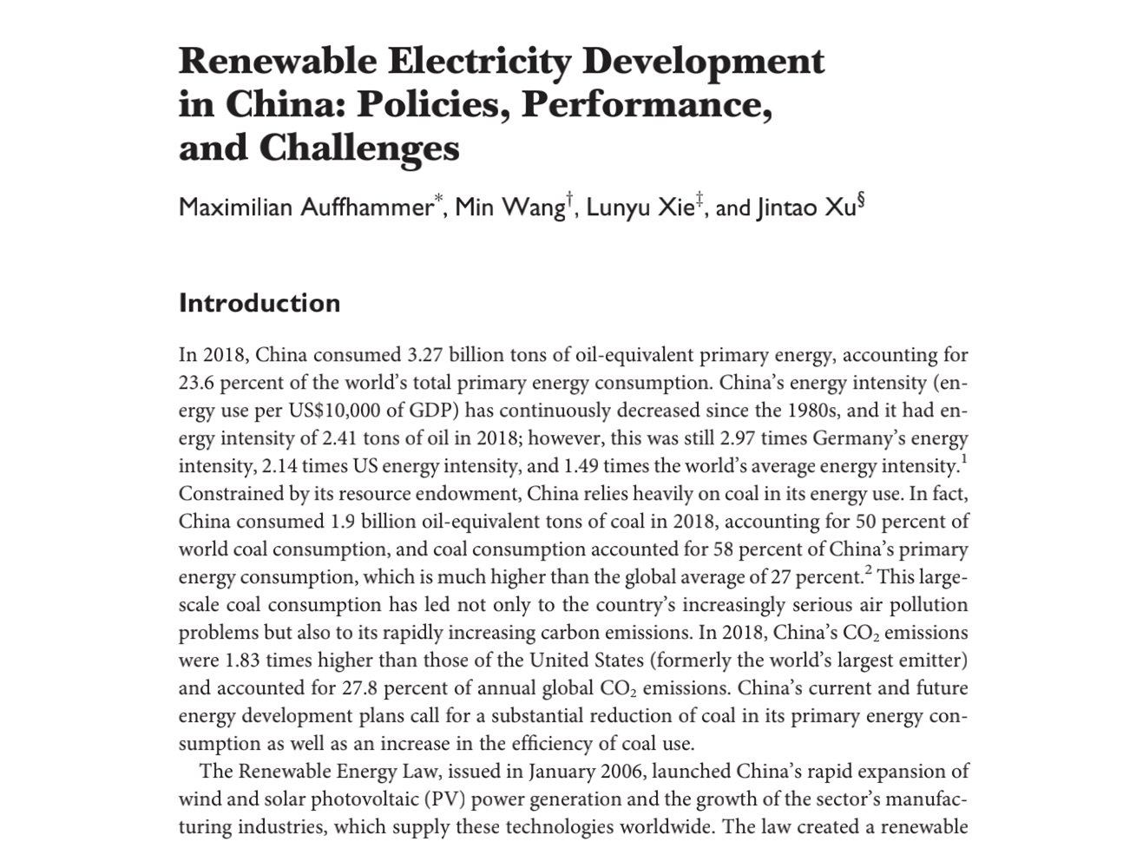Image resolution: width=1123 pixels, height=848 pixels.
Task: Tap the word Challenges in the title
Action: pyautogui.click(x=359, y=148)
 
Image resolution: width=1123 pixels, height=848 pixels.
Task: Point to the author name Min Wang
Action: pyautogui.click(x=509, y=208)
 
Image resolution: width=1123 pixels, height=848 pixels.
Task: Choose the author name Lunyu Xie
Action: pyautogui.click(x=640, y=208)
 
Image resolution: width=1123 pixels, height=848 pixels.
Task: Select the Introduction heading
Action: pyautogui.click(x=259, y=303)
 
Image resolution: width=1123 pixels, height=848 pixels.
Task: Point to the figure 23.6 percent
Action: pyautogui.click(x=230, y=383)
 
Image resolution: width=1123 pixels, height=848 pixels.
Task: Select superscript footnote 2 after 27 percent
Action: pyautogui.click(x=868, y=570)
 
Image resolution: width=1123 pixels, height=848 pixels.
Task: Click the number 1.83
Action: pyautogui.click(x=243, y=661)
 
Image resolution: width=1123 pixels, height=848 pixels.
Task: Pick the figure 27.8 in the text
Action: pyautogui.click(x=360, y=688)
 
